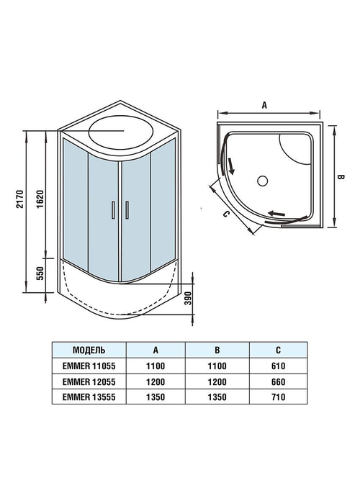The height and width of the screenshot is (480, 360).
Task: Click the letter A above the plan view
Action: pos(264,106)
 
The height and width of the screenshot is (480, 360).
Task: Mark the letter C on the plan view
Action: pos(225,214)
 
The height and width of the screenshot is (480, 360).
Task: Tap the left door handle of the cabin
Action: pos(112,209)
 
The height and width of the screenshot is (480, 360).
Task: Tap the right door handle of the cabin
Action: pos(127,209)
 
